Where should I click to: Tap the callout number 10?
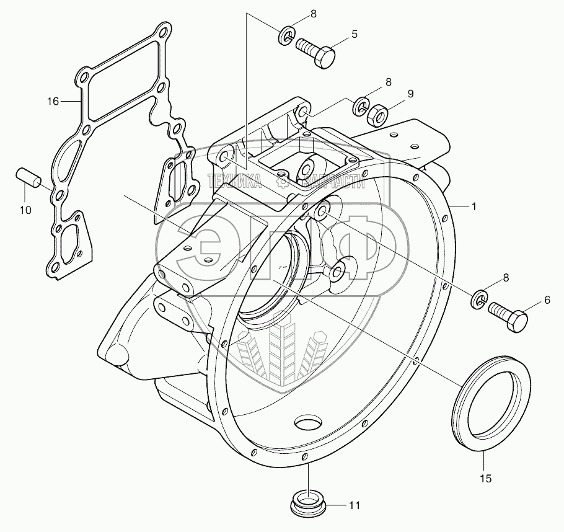25,210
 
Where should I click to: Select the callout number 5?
354,34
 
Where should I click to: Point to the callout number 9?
410,94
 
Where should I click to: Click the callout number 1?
474,207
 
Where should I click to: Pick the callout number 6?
547,299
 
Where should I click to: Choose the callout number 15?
486,478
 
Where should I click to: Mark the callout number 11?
354,505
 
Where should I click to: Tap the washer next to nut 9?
361,107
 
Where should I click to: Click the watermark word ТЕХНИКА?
234,181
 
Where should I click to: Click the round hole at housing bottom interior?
308,423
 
